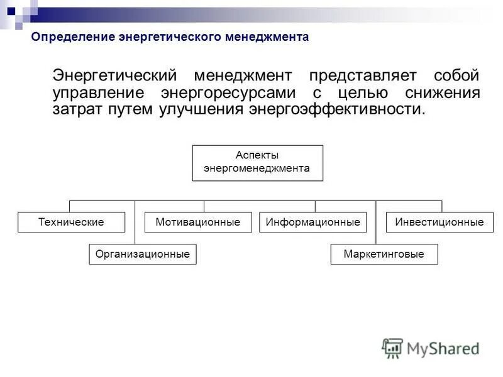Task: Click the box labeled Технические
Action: (x=71, y=222)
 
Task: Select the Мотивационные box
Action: (x=198, y=222)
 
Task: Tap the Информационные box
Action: (x=312, y=222)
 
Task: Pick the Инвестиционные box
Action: (x=439, y=222)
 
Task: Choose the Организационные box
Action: (x=142, y=254)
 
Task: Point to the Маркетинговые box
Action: (x=384, y=254)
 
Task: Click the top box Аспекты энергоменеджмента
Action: (x=257, y=163)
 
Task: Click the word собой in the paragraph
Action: (x=456, y=76)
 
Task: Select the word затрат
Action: (x=77, y=109)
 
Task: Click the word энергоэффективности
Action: (x=337, y=109)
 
